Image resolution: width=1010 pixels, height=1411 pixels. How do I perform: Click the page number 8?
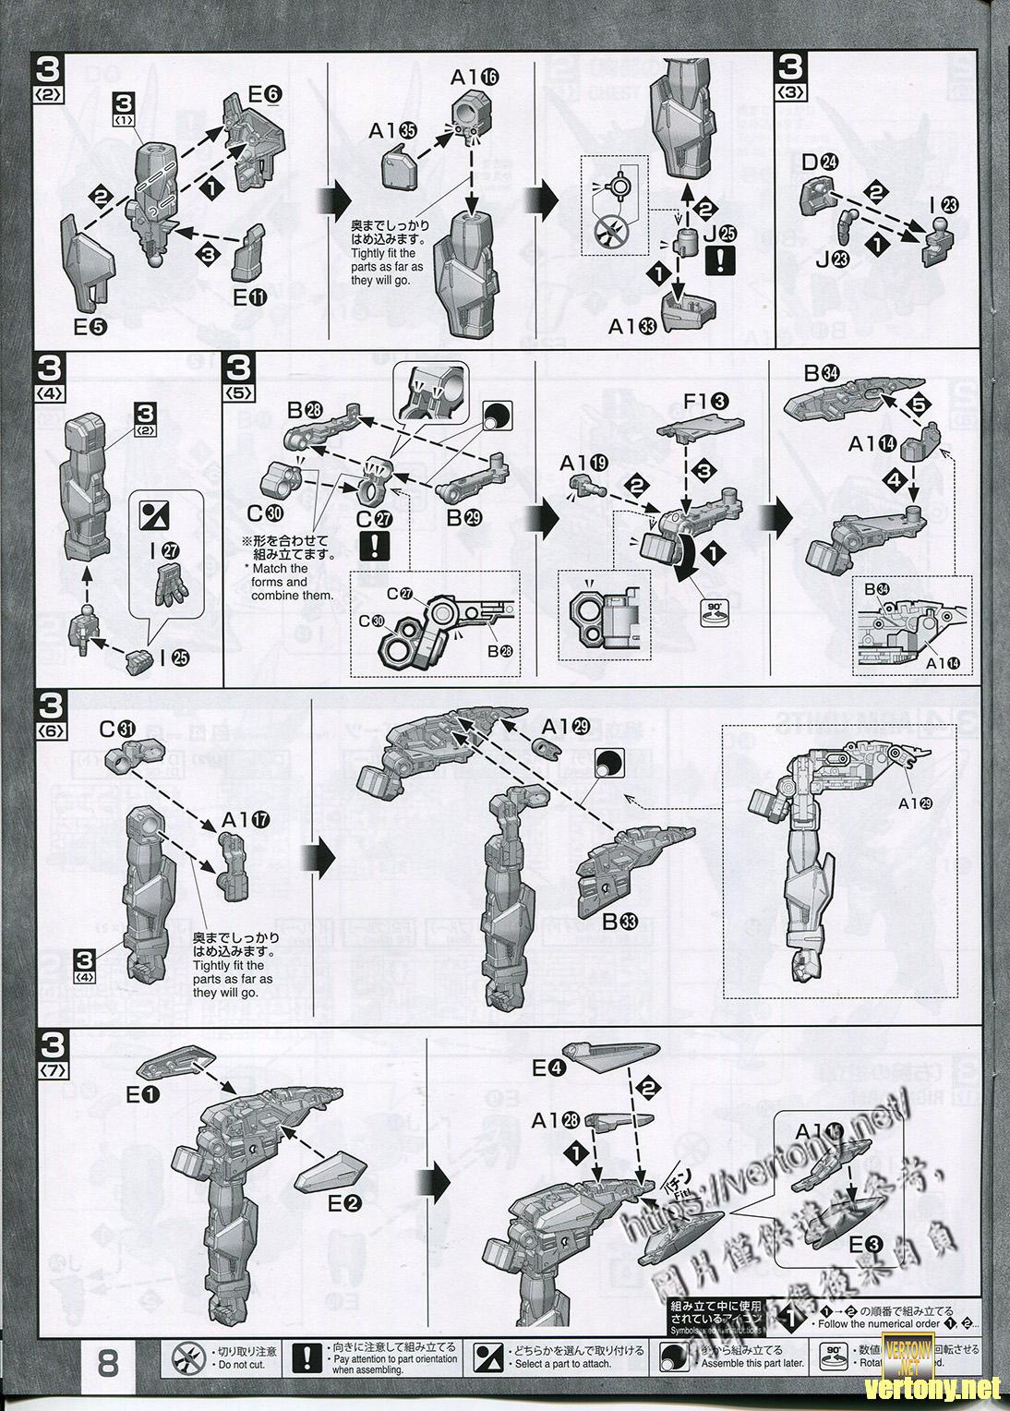click(110, 1366)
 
